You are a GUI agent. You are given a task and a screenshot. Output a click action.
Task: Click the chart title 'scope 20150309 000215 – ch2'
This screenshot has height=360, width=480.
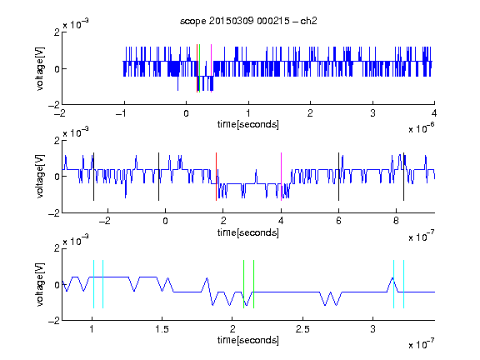coord(248,21)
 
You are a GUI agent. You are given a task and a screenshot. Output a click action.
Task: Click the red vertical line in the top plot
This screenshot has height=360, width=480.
coord(197,68)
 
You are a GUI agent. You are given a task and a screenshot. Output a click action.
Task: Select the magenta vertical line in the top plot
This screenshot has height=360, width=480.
coord(211,68)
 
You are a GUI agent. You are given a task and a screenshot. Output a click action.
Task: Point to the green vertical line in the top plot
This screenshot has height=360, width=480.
coord(200,68)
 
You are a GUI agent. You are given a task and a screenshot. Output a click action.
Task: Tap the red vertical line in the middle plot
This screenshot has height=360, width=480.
coord(216,177)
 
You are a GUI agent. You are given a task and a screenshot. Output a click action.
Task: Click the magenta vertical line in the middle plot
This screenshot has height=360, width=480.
coord(281,177)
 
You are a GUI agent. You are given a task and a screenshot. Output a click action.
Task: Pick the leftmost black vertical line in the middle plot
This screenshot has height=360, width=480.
coord(93,177)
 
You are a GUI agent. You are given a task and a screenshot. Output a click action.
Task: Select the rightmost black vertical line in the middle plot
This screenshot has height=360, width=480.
coord(403,177)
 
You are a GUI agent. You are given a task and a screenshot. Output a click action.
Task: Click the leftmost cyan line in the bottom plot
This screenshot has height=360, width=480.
coord(93,284)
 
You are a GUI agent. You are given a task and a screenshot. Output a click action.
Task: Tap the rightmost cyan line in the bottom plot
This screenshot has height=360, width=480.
coord(403,284)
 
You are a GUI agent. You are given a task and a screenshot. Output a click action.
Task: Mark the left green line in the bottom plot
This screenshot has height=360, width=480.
coord(243,284)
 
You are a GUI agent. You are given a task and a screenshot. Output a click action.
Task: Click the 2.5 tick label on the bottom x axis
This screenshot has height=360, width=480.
coord(302,329)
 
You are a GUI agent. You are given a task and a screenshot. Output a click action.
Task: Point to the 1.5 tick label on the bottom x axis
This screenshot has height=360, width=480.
coord(162,329)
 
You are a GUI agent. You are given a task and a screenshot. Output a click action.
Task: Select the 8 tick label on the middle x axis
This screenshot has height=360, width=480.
coord(396,221)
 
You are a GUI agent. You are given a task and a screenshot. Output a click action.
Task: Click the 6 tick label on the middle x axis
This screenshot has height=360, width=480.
coord(338,221)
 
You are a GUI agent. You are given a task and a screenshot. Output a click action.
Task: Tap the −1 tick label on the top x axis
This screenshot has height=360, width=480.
coord(121,113)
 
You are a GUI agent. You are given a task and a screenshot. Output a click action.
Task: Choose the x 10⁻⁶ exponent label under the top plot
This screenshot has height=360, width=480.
coord(422,128)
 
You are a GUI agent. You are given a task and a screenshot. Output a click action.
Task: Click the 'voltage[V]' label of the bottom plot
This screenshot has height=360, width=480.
coord(40,284)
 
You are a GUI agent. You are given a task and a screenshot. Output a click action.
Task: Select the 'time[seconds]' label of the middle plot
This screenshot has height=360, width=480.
coord(248,233)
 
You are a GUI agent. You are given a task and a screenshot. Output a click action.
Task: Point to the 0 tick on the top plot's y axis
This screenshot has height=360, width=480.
coord(57,69)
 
